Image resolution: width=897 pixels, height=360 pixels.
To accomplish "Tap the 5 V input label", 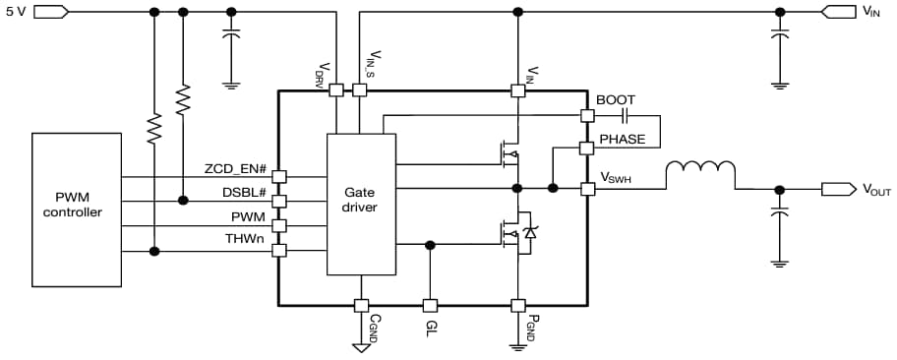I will [x=17, y=12].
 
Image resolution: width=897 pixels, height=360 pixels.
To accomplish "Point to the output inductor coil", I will [x=699, y=174].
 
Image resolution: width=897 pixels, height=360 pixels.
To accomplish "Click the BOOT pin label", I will [x=616, y=100].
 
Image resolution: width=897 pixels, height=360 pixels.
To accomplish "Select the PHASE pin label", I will [x=622, y=140].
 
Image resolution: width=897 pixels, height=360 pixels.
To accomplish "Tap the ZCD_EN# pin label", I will [x=236, y=168].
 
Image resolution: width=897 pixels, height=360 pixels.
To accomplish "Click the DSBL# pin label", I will [x=244, y=193].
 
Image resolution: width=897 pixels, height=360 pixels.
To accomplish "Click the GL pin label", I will [x=430, y=329].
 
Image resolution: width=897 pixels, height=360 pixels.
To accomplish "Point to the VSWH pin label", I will [x=616, y=177].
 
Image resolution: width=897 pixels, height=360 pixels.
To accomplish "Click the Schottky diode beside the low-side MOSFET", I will [x=532, y=232].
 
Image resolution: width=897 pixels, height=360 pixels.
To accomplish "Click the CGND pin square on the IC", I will [x=361, y=305].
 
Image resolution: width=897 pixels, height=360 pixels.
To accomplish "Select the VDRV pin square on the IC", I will [x=335, y=90].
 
